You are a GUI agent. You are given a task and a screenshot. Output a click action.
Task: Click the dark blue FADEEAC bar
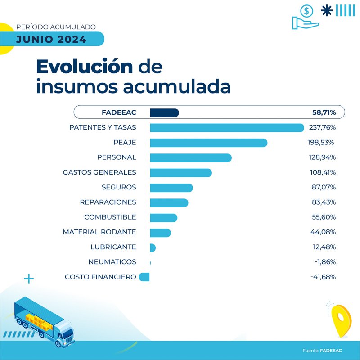click(x=164, y=112)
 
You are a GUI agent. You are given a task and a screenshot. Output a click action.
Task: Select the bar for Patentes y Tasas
click(x=227, y=128)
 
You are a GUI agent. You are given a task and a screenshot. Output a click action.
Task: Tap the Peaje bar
click(x=208, y=143)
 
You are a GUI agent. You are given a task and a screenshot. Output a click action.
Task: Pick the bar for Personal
click(x=190, y=157)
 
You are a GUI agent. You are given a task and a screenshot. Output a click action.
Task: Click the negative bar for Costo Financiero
click(x=144, y=277)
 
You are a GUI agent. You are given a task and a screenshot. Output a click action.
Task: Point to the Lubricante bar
click(x=153, y=247)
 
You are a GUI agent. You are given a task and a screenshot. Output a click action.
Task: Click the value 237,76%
click(x=322, y=128)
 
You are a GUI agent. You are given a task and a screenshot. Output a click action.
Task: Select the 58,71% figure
click(x=324, y=112)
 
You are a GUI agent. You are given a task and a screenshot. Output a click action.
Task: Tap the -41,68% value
click(x=323, y=277)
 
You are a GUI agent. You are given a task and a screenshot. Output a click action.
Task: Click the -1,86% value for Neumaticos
click(x=324, y=262)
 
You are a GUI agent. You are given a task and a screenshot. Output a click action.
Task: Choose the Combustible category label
click(x=110, y=217)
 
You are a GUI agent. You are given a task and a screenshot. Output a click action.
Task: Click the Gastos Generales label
click(x=99, y=172)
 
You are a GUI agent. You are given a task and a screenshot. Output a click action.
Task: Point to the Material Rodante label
click(x=99, y=232)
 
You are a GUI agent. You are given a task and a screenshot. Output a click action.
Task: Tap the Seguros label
click(x=119, y=187)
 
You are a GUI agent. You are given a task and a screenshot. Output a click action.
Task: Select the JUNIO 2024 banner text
click(x=51, y=39)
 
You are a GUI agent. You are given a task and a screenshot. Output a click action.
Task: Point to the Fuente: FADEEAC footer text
click(x=322, y=350)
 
